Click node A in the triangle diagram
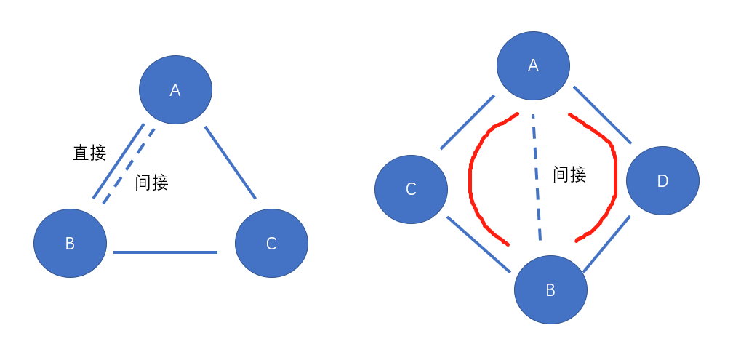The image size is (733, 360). [175, 89]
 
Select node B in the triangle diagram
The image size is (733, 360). [71, 243]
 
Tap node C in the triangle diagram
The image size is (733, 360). [271, 243]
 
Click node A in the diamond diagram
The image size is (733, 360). [533, 65]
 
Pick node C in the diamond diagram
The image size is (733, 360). [411, 189]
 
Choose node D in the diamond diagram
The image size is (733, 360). [662, 180]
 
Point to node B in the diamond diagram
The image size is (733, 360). [550, 290]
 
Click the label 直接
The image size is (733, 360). [89, 153]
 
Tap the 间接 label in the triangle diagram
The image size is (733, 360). [152, 183]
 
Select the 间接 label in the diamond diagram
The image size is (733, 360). [569, 175]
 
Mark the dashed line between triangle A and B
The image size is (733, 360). [129, 166]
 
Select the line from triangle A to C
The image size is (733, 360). [231, 162]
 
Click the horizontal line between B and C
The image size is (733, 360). [166, 252]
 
